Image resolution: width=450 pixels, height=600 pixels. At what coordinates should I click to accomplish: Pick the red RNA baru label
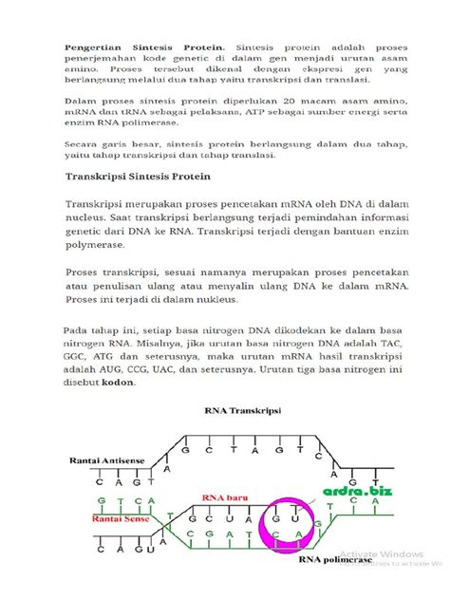[224, 497]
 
